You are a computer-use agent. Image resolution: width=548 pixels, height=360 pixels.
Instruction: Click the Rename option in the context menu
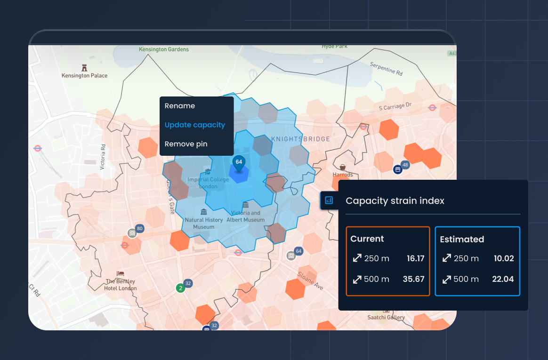(179, 106)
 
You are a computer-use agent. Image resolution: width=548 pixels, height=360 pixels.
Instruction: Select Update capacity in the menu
(194, 125)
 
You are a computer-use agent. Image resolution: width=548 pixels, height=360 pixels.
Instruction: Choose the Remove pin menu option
(185, 144)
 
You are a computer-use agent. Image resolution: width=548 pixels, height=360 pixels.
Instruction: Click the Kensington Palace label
(85, 75)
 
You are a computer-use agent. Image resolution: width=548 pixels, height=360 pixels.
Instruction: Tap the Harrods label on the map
(342, 175)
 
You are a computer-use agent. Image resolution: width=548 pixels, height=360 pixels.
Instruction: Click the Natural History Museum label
(203, 223)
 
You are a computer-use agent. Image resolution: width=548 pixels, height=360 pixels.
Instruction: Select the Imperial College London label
(208, 183)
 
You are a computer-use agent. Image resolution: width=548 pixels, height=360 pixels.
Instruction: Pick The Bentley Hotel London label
(121, 285)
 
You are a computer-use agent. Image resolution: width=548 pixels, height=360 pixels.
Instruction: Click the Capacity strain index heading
(395, 200)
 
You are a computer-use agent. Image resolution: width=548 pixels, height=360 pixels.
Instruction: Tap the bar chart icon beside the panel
(329, 200)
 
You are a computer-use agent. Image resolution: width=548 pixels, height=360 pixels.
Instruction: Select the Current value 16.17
(415, 258)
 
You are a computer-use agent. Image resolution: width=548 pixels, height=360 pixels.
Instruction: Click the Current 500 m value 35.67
(413, 279)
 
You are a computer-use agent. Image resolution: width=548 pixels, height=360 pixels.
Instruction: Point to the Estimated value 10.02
(504, 258)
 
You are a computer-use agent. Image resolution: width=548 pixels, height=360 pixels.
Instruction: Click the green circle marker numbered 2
(179, 288)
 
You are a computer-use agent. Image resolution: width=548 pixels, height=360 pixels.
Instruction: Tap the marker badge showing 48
(405, 165)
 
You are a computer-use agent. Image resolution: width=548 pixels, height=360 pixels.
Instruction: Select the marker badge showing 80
(140, 229)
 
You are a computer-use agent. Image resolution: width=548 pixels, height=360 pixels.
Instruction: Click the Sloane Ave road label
(310, 280)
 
